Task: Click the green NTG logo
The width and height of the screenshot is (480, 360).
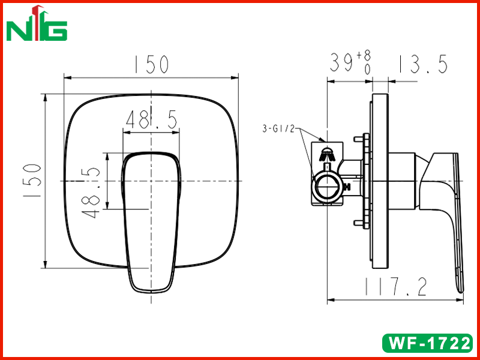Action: (x=37, y=24)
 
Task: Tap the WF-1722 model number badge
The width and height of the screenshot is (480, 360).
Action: (x=428, y=343)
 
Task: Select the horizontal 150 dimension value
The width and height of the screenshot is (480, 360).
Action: (x=152, y=64)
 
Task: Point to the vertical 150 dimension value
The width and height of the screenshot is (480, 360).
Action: (x=32, y=181)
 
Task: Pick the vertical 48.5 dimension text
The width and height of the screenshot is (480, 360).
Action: (x=91, y=193)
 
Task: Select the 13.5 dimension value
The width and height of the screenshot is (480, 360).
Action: (x=423, y=64)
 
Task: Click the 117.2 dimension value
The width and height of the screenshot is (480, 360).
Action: (x=395, y=287)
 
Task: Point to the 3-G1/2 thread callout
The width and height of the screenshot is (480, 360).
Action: (x=278, y=129)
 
